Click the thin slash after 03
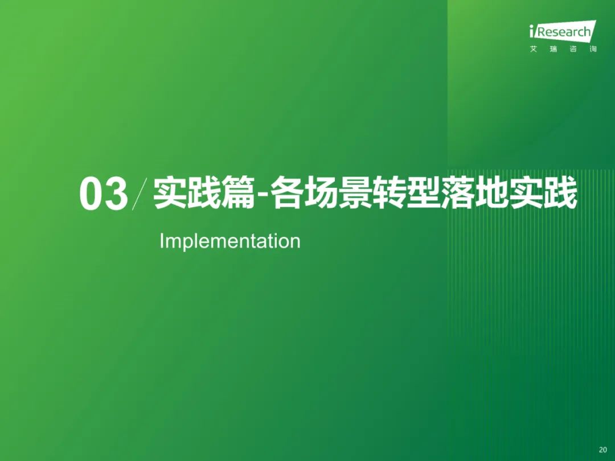coord(140,194)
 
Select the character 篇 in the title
coord(237,194)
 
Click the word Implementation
coord(230,241)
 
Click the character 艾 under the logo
coord(534,49)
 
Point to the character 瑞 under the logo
coord(553,49)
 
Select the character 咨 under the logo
coord(573,49)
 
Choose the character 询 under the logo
coord(593,49)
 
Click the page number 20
coord(603,450)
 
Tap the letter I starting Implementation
coord(162,240)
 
